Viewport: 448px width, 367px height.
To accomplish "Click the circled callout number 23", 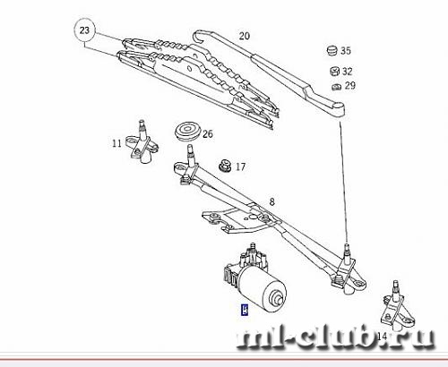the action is (84, 30).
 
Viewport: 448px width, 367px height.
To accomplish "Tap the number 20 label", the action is (244, 36).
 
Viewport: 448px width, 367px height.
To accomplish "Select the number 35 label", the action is (346, 50).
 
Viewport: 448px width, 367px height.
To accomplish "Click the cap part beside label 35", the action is (332, 51).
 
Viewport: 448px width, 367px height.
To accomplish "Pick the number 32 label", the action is (347, 72).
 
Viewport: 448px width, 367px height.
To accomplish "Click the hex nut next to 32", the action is (334, 71).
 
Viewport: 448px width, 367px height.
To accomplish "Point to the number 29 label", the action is (350, 86).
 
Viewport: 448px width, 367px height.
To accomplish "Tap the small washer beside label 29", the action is (336, 87).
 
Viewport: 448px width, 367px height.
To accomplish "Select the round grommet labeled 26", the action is (187, 130).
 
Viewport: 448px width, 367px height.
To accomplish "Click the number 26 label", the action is (208, 134).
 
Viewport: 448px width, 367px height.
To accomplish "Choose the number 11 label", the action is (116, 143).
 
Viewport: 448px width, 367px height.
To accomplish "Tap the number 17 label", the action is (240, 166).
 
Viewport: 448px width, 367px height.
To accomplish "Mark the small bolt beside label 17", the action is (224, 166).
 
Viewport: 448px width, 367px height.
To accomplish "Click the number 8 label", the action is (271, 202).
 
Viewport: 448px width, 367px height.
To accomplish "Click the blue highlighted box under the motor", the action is (245, 310).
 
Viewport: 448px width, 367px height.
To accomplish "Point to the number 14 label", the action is (382, 337).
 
